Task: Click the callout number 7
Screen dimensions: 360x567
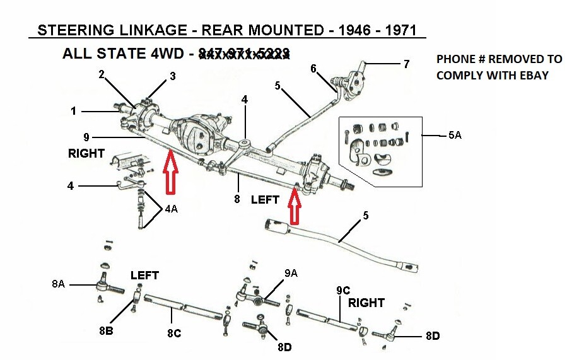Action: click(406, 64)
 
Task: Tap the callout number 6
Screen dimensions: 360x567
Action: click(313, 69)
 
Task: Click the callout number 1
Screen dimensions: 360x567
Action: click(74, 111)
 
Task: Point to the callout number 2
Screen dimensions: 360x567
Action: click(102, 75)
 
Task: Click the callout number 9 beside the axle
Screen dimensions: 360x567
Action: click(85, 136)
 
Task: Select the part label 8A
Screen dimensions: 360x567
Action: click(58, 284)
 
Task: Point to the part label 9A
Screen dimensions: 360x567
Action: click(291, 274)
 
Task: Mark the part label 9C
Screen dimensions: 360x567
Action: click(343, 291)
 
